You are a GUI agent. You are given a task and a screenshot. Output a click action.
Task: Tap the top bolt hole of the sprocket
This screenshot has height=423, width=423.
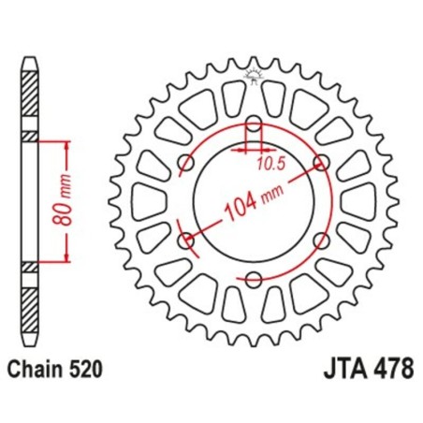254,123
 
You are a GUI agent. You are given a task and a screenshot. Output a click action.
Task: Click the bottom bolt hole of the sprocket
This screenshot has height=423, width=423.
254,279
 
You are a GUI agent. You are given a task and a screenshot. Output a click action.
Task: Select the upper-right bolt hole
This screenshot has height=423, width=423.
322,162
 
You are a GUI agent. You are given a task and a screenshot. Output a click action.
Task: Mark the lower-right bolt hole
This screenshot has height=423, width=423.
322,241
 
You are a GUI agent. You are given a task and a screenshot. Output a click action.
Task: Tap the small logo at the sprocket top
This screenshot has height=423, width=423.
254,77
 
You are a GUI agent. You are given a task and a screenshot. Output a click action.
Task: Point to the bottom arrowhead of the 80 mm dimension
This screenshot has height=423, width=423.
67,259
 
